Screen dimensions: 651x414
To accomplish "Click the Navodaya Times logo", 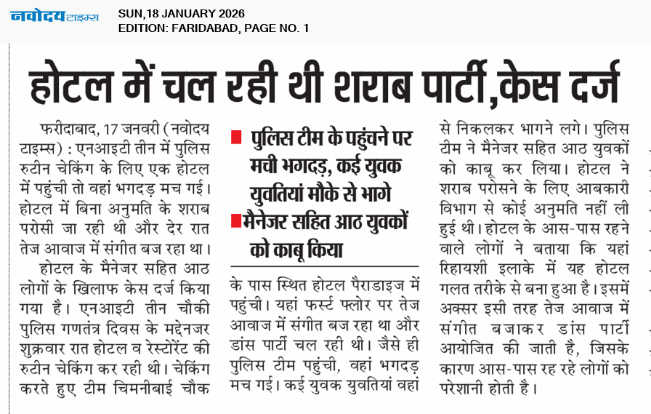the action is coord(54,16).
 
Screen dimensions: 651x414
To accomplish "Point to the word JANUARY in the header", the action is coord(180,14).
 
